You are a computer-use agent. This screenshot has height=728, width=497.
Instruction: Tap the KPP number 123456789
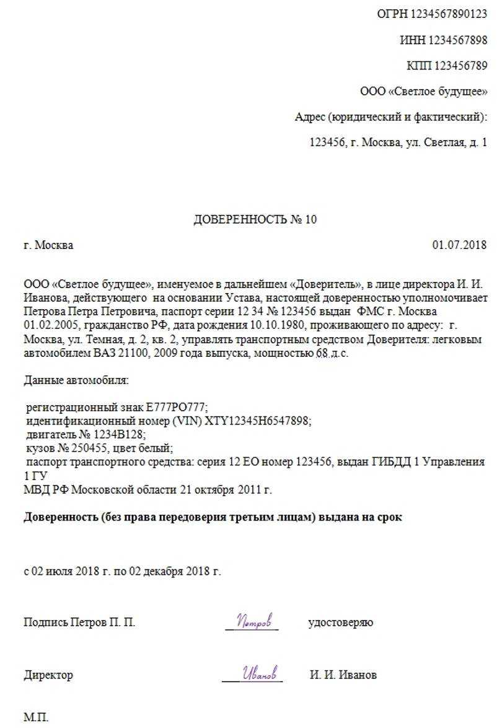click(x=460, y=66)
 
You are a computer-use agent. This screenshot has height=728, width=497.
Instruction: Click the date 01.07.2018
click(x=459, y=245)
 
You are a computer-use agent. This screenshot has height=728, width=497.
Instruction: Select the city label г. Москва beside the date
click(x=48, y=245)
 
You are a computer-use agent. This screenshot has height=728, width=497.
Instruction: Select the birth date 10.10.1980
click(x=279, y=326)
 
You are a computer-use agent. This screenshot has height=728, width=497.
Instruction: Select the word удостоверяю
click(x=340, y=623)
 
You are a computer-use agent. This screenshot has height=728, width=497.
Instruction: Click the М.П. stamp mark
click(x=36, y=718)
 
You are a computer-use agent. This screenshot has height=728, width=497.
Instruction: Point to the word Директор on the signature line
click(x=48, y=675)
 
